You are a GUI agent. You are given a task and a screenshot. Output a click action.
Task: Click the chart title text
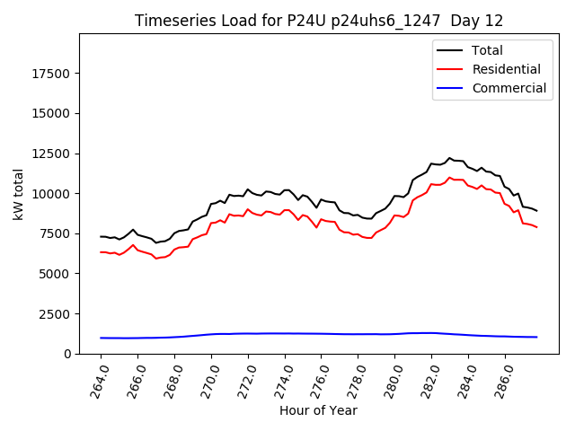pos(319,21)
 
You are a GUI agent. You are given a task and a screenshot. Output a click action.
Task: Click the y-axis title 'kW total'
pos(19,193)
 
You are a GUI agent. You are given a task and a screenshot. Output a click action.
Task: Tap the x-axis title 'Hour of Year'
pos(319,410)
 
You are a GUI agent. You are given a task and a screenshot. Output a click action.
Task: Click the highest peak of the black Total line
pos(450,158)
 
